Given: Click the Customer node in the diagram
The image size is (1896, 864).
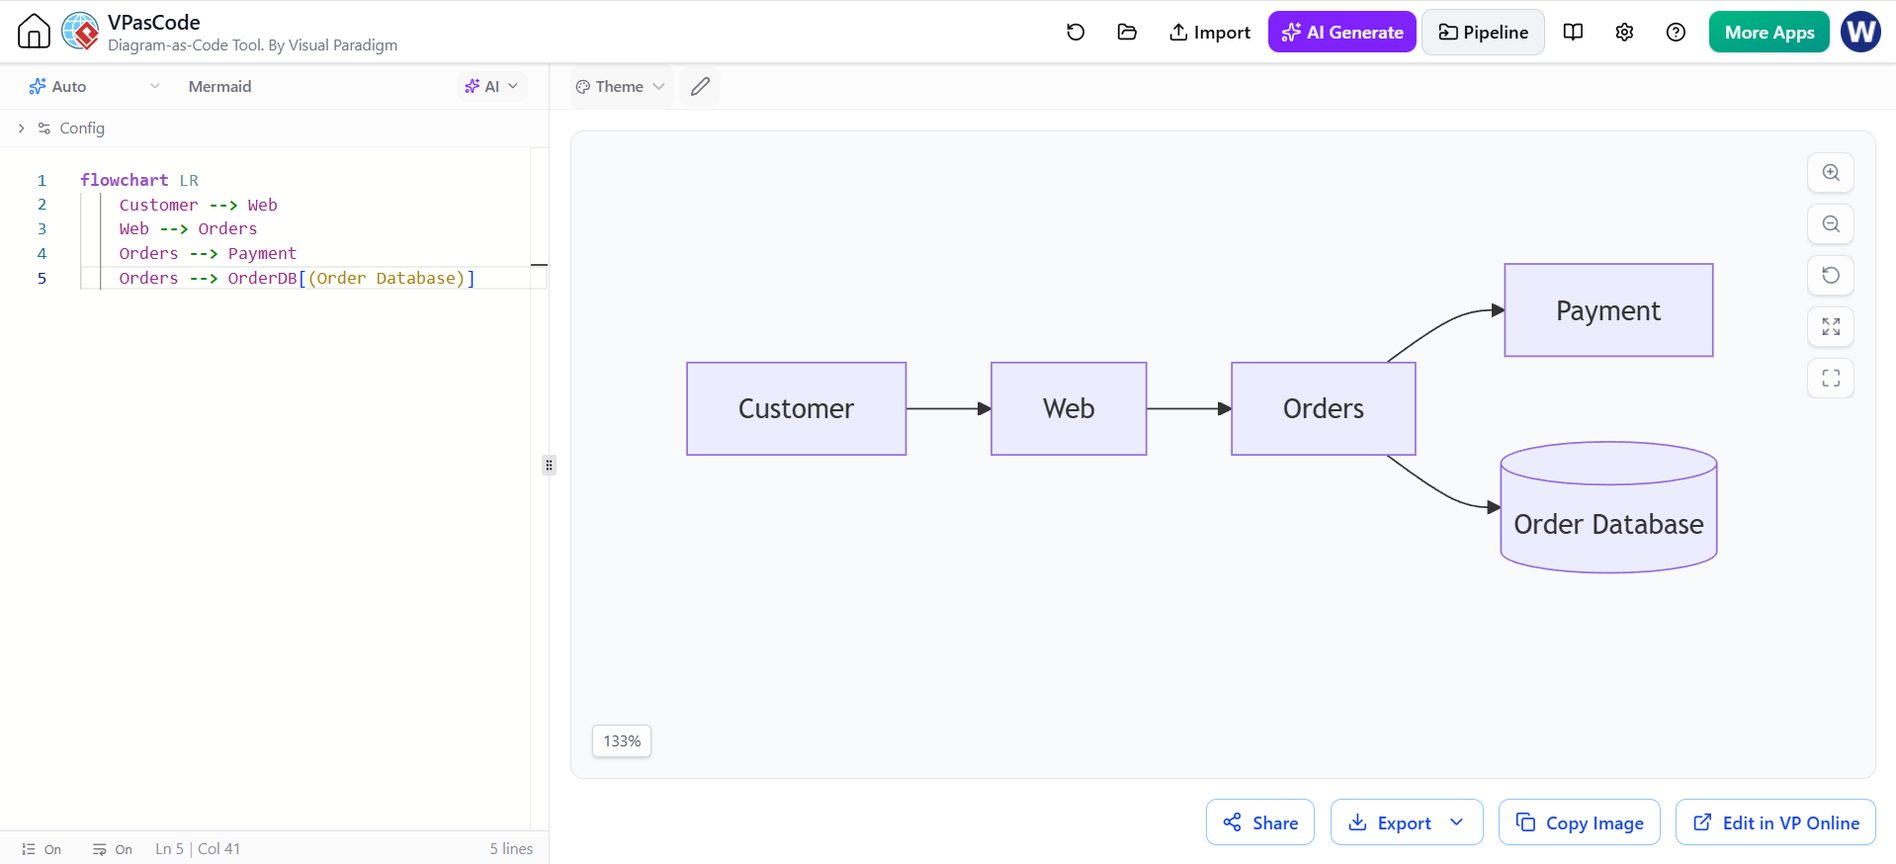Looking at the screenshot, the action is pyautogui.click(x=796, y=408).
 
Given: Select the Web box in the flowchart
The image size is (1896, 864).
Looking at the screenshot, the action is pyautogui.click(x=1069, y=408).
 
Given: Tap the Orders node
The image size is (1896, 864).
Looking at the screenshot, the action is pyautogui.click(x=1323, y=408).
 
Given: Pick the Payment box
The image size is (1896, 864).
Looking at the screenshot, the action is pyautogui.click(x=1608, y=310).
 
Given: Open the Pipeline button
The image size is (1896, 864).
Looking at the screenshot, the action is pyautogui.click(x=1483, y=33).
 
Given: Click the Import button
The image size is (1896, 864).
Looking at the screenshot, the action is pyautogui.click(x=1209, y=33).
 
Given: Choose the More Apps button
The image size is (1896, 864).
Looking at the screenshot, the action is pyautogui.click(x=1768, y=33).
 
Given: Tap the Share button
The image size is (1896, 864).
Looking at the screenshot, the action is pyautogui.click(x=1260, y=822).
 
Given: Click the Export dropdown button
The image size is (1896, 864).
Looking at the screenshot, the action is pyautogui.click(x=1407, y=822).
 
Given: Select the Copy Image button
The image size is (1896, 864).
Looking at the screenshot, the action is pyautogui.click(x=1580, y=822).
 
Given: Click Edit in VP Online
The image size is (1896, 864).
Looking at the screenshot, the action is pyautogui.click(x=1775, y=822).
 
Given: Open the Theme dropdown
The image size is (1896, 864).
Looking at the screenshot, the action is pyautogui.click(x=621, y=87).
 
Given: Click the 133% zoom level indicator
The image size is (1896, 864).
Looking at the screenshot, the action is pyautogui.click(x=622, y=741).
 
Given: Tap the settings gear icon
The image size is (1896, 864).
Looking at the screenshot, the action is pyautogui.click(x=1624, y=33).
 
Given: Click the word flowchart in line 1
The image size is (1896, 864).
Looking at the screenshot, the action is pyautogui.click(x=125, y=180).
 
